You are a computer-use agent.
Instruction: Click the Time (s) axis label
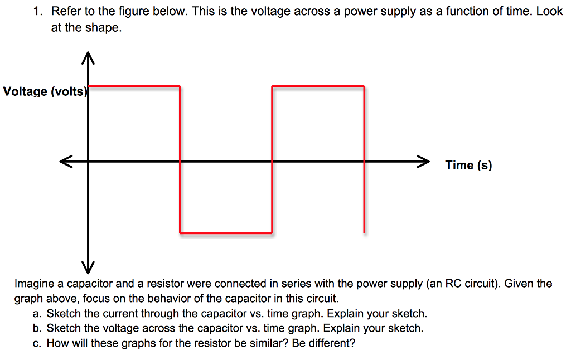pyautogui.click(x=468, y=165)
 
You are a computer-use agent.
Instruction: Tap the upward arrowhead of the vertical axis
pyautogui.click(x=88, y=58)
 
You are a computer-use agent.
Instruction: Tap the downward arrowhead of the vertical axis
pyautogui.click(x=88, y=264)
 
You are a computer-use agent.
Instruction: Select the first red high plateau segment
pyautogui.click(x=134, y=86)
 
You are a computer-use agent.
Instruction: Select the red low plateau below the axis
pyautogui.click(x=226, y=232)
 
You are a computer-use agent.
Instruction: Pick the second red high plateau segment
pyautogui.click(x=318, y=86)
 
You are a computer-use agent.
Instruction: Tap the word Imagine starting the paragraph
pyautogui.click(x=33, y=284)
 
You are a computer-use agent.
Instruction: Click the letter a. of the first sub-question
pyautogui.click(x=38, y=313)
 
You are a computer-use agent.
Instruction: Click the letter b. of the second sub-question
pyautogui.click(x=38, y=328)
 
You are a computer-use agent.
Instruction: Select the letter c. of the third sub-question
pyautogui.click(x=38, y=343)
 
